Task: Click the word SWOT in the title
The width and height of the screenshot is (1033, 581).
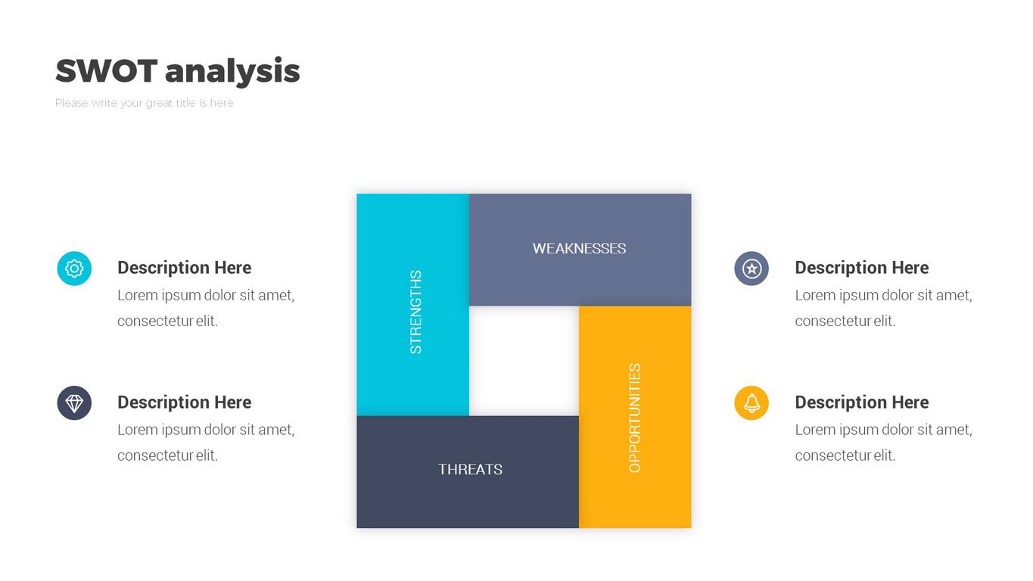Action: [107, 71]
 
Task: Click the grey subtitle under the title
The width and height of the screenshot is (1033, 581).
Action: [144, 104]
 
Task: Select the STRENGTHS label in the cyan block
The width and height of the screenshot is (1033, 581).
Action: [415, 312]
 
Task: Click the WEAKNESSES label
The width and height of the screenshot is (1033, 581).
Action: [579, 249]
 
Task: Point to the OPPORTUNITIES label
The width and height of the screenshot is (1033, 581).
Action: [634, 418]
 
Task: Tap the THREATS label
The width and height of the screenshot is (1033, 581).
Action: [471, 469]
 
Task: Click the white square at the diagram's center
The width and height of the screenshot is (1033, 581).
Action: [524, 361]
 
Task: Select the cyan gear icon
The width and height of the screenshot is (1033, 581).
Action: [74, 269]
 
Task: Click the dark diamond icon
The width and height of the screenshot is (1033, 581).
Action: [74, 403]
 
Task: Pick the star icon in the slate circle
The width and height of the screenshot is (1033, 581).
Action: [751, 269]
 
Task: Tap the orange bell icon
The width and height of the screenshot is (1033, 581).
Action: [751, 403]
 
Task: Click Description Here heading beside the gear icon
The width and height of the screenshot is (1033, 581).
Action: [185, 268]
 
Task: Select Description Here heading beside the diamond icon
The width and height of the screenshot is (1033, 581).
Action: [185, 402]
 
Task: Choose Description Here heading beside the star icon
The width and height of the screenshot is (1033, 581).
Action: [862, 268]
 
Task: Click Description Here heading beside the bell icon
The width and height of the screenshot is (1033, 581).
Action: [862, 402]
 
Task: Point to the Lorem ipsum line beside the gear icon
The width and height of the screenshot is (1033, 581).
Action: [206, 296]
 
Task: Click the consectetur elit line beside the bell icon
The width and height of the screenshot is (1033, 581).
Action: [845, 455]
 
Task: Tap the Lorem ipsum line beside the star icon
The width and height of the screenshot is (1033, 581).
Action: [884, 296]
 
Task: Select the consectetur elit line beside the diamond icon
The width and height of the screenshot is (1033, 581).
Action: [168, 455]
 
